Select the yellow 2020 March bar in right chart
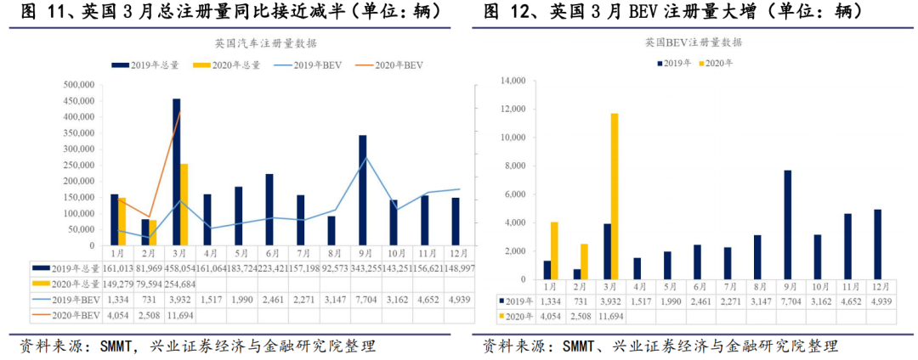coord(614,196)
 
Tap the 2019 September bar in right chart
coord(788,225)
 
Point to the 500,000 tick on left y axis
coord(80,85)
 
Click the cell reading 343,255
coord(367,267)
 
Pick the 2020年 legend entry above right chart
coord(719,63)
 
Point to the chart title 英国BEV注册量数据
coord(693,42)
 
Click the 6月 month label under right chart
coord(696,287)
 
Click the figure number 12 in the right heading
coord(527,12)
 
